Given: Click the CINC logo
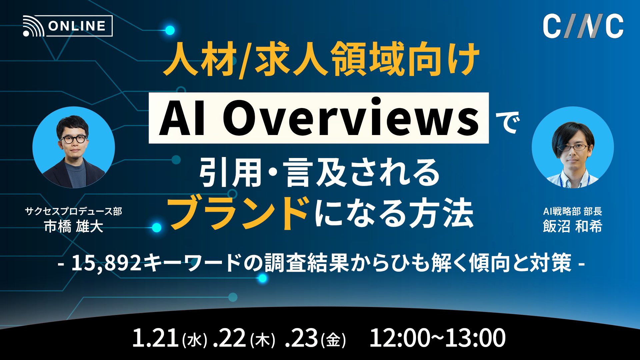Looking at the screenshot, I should [583, 26].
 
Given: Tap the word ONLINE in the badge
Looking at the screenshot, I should [77, 26].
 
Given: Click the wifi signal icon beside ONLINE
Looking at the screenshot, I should [33, 27].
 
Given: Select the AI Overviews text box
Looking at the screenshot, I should [318, 118].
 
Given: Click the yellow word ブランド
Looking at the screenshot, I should [238, 213].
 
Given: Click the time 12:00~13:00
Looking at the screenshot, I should [437, 338].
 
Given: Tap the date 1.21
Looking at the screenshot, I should [155, 338].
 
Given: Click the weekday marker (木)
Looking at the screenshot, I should [262, 340].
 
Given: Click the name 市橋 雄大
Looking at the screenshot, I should [74, 227].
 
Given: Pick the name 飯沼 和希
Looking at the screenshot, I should [572, 227].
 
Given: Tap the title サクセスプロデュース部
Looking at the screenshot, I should [74, 211].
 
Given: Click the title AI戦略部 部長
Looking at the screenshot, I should [572, 211].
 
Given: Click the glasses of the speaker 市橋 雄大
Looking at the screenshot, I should [73, 139].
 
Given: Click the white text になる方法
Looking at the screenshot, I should [393, 213].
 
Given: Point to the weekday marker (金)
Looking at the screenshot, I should [333, 340].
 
